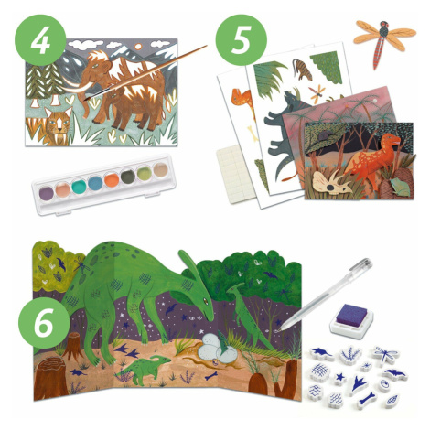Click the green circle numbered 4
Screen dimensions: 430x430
40,40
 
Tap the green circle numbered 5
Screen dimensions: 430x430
242,40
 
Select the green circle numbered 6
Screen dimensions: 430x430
44,323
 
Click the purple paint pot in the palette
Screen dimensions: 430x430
47,192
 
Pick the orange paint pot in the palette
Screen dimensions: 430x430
112,180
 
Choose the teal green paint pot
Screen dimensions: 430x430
80,186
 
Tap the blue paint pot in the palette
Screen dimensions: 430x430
95,183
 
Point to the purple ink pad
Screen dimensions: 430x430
351,317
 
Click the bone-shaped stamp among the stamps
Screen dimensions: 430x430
366,400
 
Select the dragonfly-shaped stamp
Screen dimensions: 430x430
385,355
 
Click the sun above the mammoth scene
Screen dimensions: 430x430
138,47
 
